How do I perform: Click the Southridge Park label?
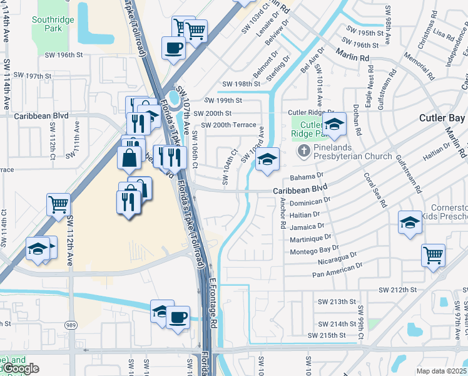(x=53, y=24)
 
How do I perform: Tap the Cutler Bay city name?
(x=441, y=118)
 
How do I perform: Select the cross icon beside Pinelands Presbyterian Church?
(x=303, y=150)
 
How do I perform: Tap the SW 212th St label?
(x=397, y=290)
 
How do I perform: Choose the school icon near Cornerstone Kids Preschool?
(x=410, y=222)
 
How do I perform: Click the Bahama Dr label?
(x=306, y=177)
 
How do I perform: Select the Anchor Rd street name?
(x=283, y=212)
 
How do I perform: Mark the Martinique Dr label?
(x=310, y=238)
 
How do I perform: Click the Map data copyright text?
(x=441, y=371)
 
